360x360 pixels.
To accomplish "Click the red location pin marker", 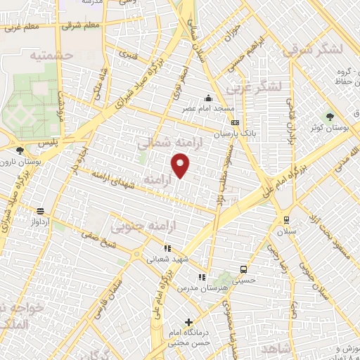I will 181,166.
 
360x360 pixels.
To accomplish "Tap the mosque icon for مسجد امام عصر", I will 208,98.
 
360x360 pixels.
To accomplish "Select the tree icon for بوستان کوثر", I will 329,117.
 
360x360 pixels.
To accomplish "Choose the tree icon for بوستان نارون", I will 20,150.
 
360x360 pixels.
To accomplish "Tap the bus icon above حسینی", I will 243,269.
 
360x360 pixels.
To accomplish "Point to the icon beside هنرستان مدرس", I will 202,277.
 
